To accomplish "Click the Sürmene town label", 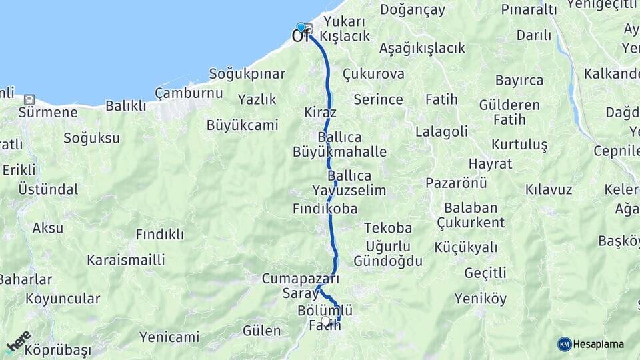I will tap(48, 112).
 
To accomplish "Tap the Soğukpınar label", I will tap(247, 74).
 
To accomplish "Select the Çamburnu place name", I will tap(189, 93).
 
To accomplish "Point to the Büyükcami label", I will tap(242, 125).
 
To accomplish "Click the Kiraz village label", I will tap(320, 112).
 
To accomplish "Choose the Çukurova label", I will tap(373, 74).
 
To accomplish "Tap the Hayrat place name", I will tap(490, 163).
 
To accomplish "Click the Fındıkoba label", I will tap(325, 209).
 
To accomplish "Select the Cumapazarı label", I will tap(301, 279).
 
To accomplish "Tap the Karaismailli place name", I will tap(125, 259).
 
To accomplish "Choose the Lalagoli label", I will tap(441, 131).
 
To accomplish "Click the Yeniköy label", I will tap(481, 299).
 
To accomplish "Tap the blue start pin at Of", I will tap(301, 28).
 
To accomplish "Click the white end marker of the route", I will tap(325, 321).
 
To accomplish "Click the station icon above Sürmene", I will tap(29, 99).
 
